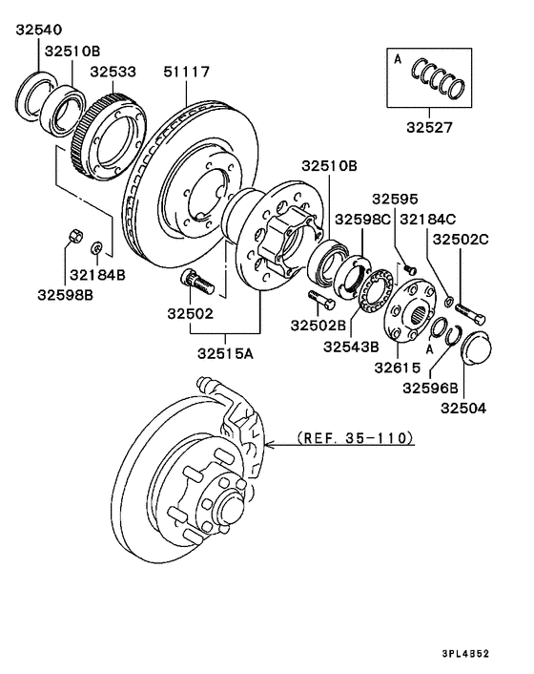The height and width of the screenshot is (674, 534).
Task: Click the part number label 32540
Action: [x=39, y=30]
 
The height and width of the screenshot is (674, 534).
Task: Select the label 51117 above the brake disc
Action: [x=186, y=72]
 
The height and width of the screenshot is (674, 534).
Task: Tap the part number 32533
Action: [x=113, y=72]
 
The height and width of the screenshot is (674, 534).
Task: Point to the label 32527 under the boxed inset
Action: [x=429, y=127]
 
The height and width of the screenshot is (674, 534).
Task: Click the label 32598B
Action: [x=65, y=295]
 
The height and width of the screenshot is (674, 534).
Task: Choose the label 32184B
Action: [x=97, y=275]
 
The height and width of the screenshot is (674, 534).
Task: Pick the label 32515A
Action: [x=225, y=353]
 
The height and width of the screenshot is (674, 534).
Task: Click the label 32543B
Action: [x=351, y=347]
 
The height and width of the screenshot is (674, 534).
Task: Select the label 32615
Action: [x=398, y=368]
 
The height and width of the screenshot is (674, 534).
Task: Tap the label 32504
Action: [x=463, y=408]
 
